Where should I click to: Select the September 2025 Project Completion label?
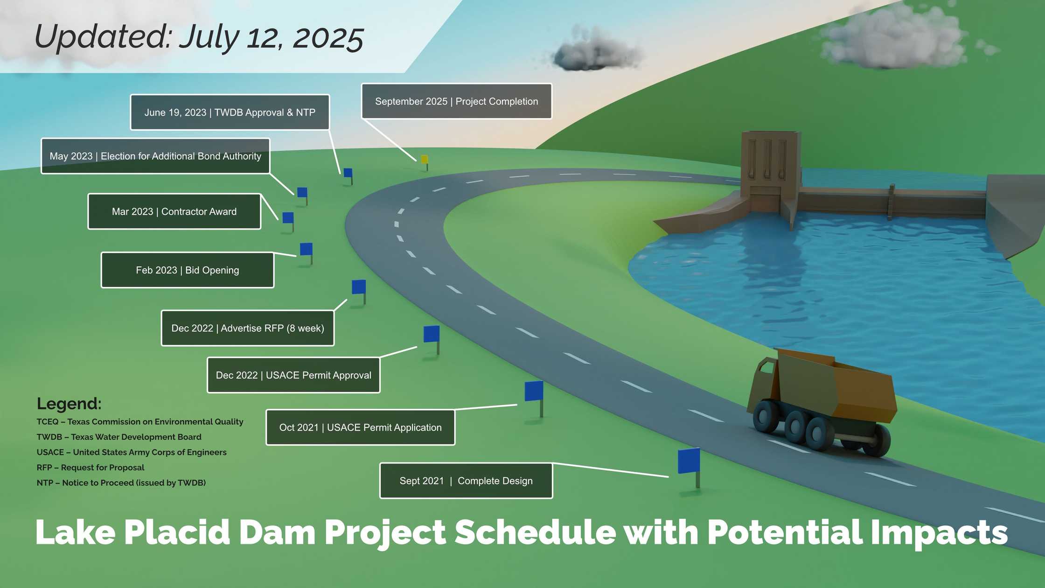click(457, 101)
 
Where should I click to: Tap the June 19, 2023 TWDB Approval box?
click(230, 112)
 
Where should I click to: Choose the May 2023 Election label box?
click(155, 156)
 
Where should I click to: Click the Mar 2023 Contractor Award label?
click(174, 211)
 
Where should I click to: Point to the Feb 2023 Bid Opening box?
click(188, 270)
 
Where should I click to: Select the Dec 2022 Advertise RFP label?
click(248, 328)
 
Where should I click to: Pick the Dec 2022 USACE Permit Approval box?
click(293, 375)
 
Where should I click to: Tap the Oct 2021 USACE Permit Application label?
click(361, 427)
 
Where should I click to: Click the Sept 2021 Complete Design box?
click(466, 481)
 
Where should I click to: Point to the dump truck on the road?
click(821, 402)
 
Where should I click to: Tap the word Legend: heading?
click(69, 404)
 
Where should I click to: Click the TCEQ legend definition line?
click(140, 422)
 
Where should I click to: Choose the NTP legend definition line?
click(121, 483)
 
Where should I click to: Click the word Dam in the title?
click(277, 532)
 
